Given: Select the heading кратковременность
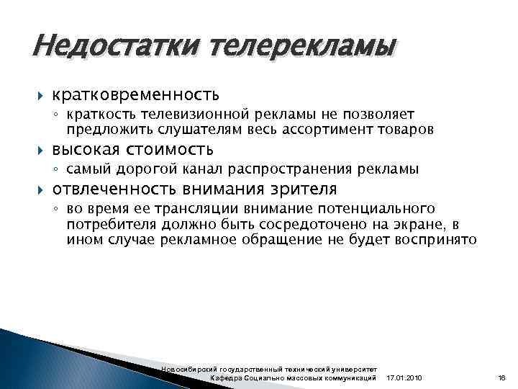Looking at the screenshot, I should point(135,94).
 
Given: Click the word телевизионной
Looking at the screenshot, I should point(188,114).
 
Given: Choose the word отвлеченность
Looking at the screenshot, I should point(114,189).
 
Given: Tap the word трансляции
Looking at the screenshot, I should point(194,209).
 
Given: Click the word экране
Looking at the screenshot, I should point(417,225).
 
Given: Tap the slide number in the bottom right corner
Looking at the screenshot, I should point(502,378).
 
